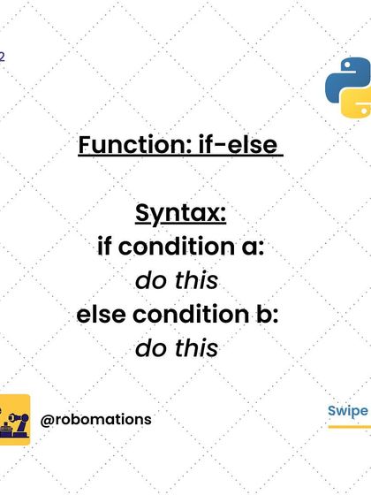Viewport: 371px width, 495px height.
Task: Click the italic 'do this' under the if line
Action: click(177, 281)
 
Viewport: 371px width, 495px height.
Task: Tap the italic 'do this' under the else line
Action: click(177, 348)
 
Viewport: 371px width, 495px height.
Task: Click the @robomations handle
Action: click(96, 420)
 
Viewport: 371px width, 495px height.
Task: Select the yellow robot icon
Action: click(14, 419)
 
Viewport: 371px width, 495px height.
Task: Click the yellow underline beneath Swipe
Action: click(348, 428)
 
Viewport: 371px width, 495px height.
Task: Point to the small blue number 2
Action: click(3, 56)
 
